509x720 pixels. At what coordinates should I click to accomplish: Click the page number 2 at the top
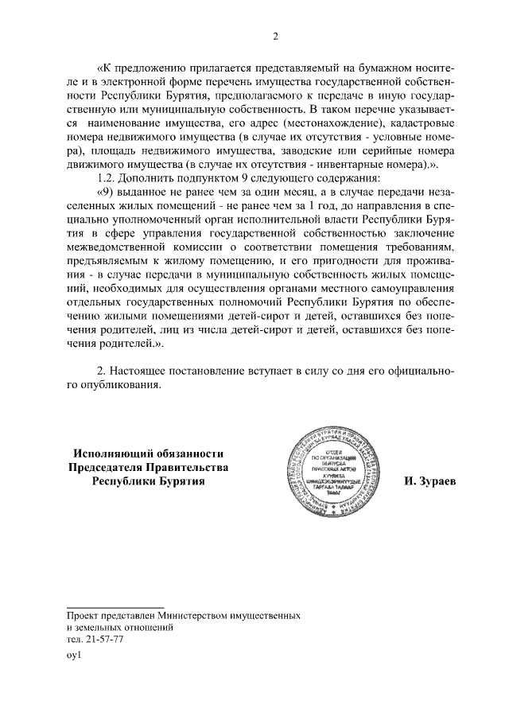[275, 36]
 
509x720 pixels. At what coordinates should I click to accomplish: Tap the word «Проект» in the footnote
[84, 616]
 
